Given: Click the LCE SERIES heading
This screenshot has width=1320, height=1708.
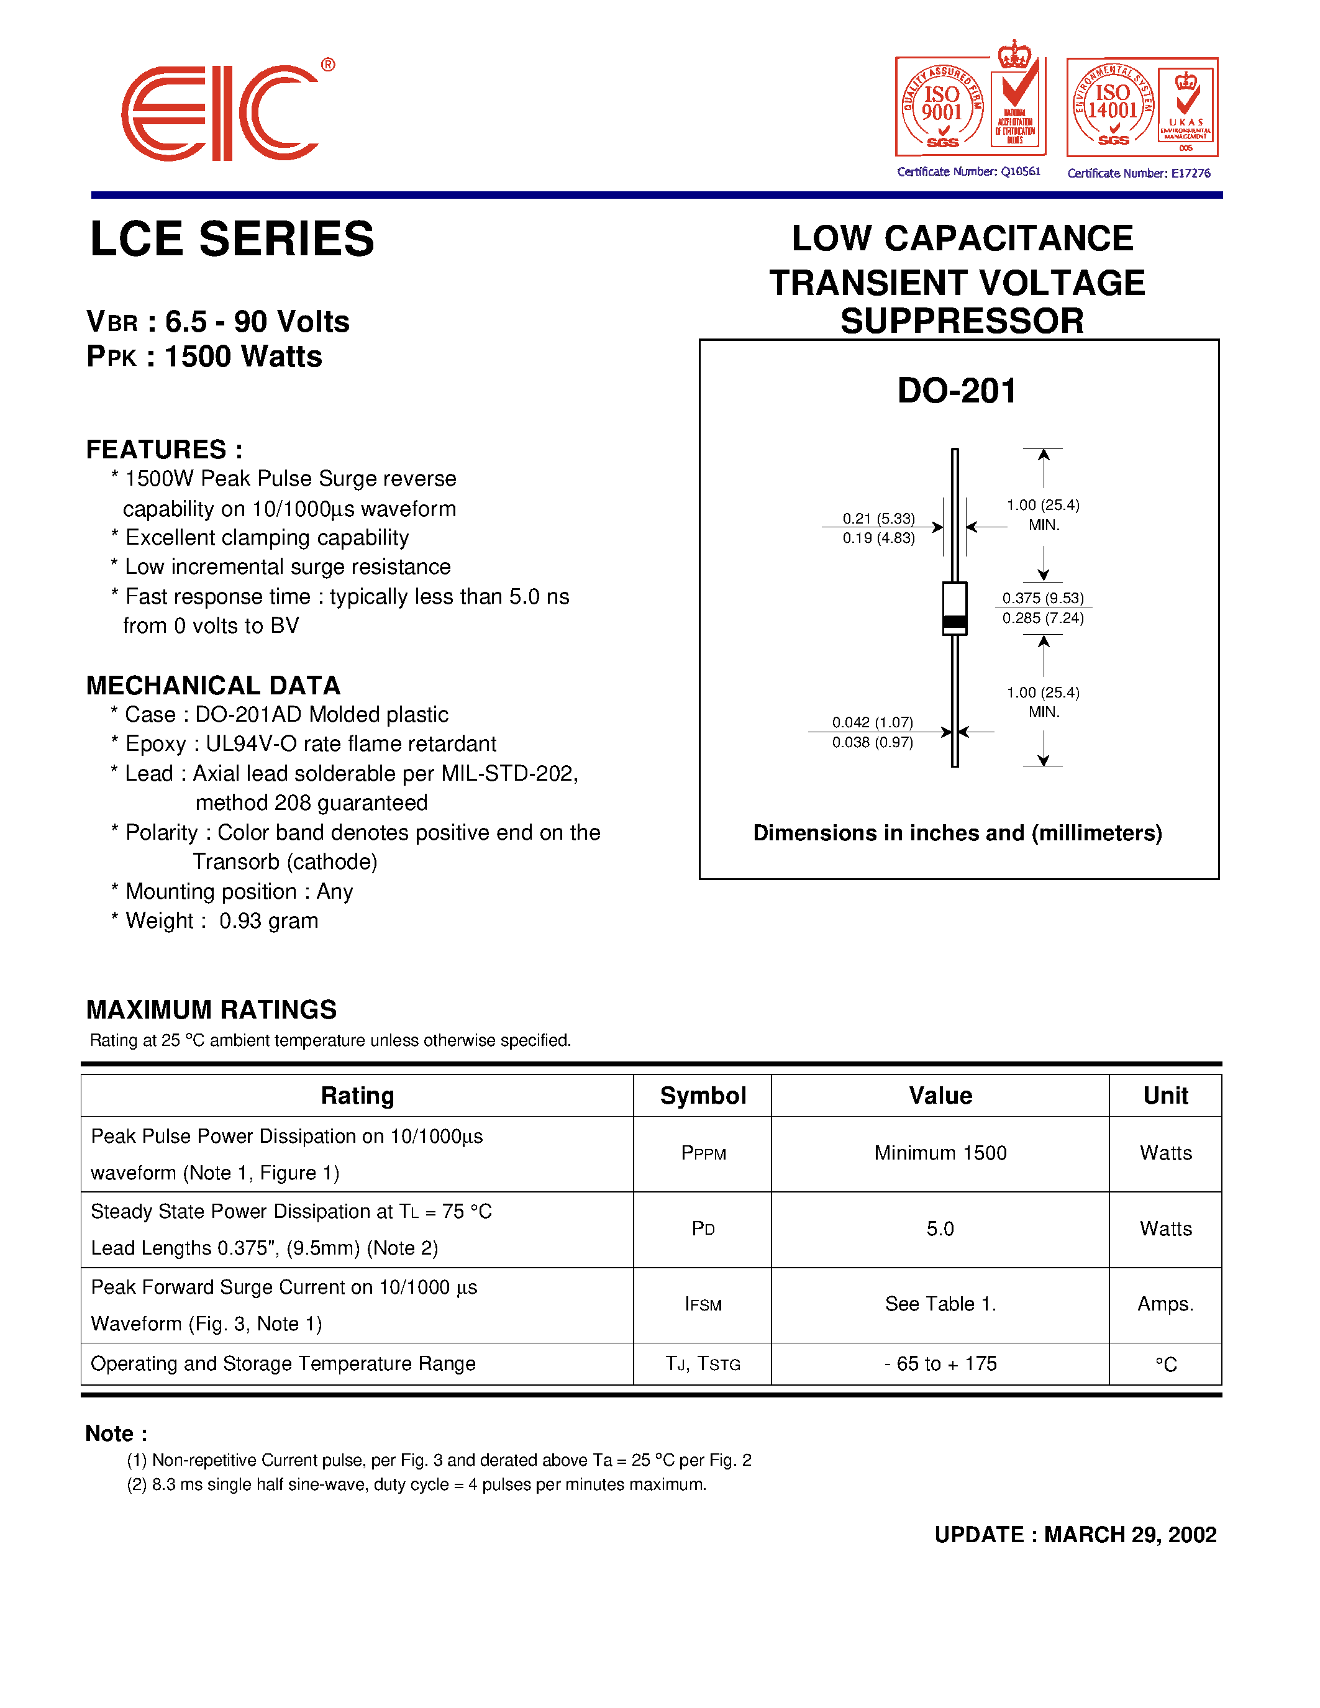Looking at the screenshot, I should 232,238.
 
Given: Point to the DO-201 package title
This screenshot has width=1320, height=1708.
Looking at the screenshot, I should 957,390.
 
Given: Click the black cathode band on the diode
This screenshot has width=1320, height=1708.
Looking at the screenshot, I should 955,622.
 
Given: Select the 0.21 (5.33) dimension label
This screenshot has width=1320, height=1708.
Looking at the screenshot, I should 878,519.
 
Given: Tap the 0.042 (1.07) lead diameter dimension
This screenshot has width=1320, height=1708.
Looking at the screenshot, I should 872,722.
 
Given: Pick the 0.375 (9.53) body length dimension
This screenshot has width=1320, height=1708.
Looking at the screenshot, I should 1042,597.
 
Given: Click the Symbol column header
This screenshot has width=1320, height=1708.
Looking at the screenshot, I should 702,1096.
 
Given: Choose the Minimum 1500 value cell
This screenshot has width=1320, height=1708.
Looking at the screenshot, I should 940,1153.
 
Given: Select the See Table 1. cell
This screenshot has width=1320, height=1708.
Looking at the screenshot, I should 940,1304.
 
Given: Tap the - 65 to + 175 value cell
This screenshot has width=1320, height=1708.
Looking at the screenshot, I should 940,1364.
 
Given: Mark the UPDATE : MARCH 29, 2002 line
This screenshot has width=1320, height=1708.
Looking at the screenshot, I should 1075,1534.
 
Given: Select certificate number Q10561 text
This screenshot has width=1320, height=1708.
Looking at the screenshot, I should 969,172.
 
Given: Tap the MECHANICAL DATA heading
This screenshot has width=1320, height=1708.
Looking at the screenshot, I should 212,685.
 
